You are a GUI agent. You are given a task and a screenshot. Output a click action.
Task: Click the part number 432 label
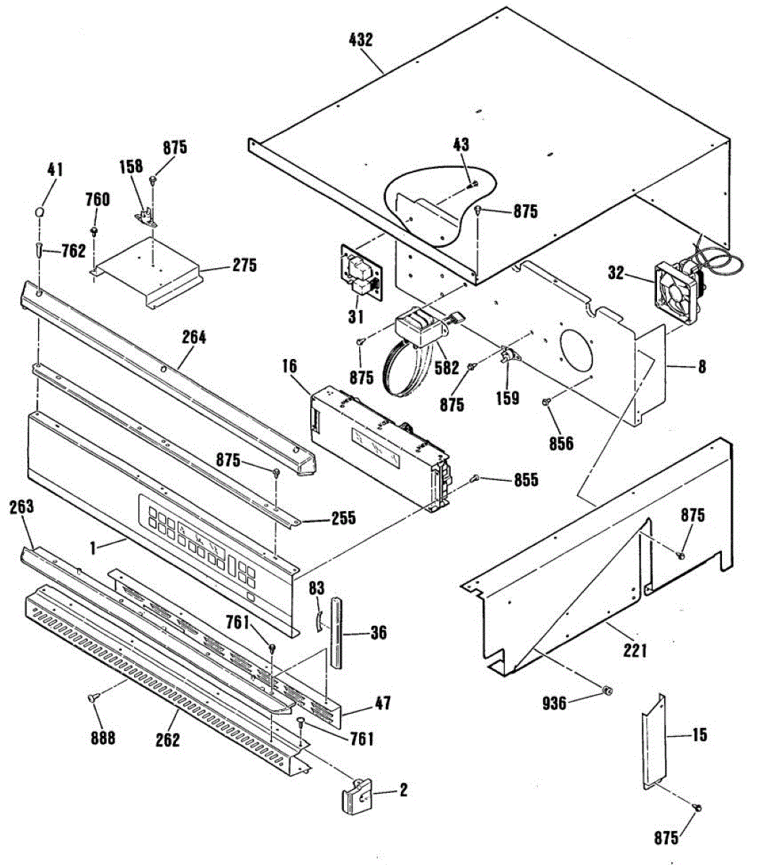[x=360, y=40]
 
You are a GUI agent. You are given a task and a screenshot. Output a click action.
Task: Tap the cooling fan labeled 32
[x=676, y=285]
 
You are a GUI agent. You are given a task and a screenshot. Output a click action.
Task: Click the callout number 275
[x=243, y=265]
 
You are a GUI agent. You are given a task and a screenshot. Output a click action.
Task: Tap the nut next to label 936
[x=607, y=692]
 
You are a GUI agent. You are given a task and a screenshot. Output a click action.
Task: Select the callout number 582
[x=446, y=368]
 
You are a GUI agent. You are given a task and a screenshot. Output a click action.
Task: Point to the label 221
[x=635, y=651]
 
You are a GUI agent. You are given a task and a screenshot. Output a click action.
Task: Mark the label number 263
[x=22, y=507]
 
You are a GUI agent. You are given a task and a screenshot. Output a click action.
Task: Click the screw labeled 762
[x=38, y=250]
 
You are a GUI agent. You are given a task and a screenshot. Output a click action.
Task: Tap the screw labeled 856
[x=546, y=410]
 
